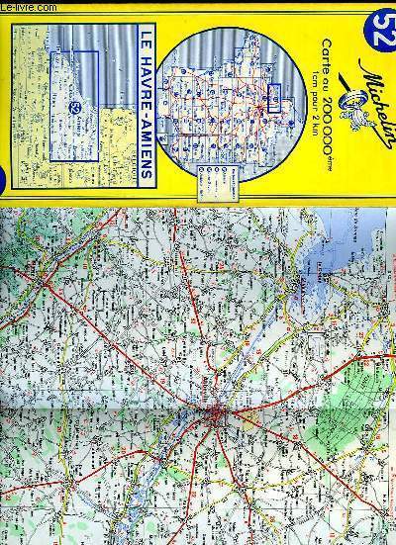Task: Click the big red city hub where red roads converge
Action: pyautogui.click(x=217, y=409)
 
